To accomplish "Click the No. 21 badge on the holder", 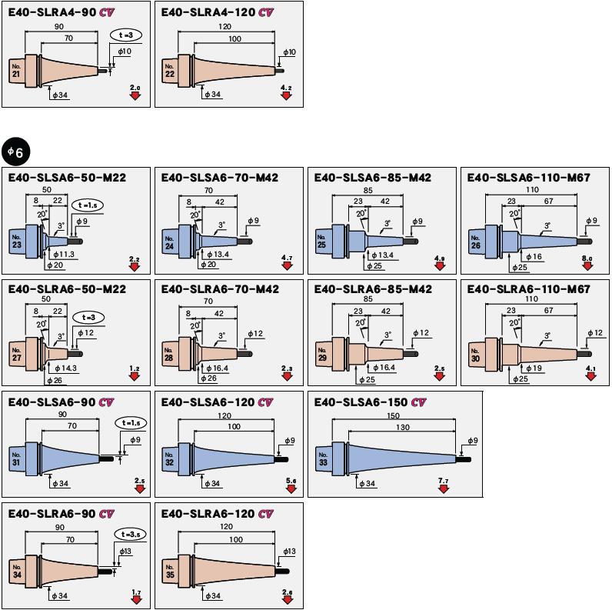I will point(16,70).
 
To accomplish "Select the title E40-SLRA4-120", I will point(208,12).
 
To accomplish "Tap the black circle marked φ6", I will point(15,152).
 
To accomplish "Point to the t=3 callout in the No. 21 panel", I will point(125,35).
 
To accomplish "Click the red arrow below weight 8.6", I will point(587,266).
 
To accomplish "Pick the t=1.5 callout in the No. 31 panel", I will point(131,424).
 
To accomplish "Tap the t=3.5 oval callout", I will point(131,534).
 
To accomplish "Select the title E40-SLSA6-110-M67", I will point(529,178).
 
